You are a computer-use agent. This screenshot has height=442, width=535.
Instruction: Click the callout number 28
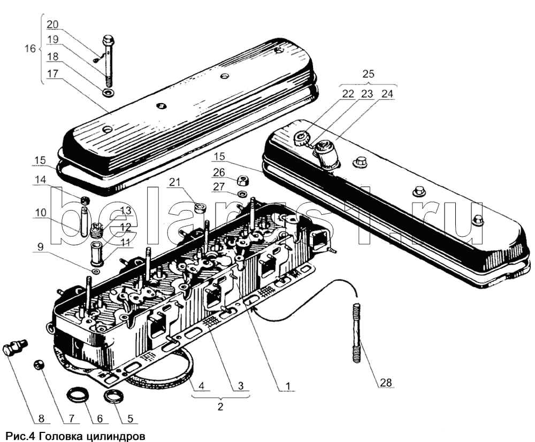[x=386, y=383]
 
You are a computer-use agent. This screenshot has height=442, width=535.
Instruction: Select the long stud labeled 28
[x=357, y=332]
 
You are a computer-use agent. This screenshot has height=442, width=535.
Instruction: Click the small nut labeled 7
[x=39, y=365]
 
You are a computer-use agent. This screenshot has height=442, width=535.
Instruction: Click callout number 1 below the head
[x=288, y=385]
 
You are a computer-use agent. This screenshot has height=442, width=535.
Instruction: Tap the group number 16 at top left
[x=30, y=49]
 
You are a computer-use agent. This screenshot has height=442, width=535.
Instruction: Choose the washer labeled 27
[x=242, y=193]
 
